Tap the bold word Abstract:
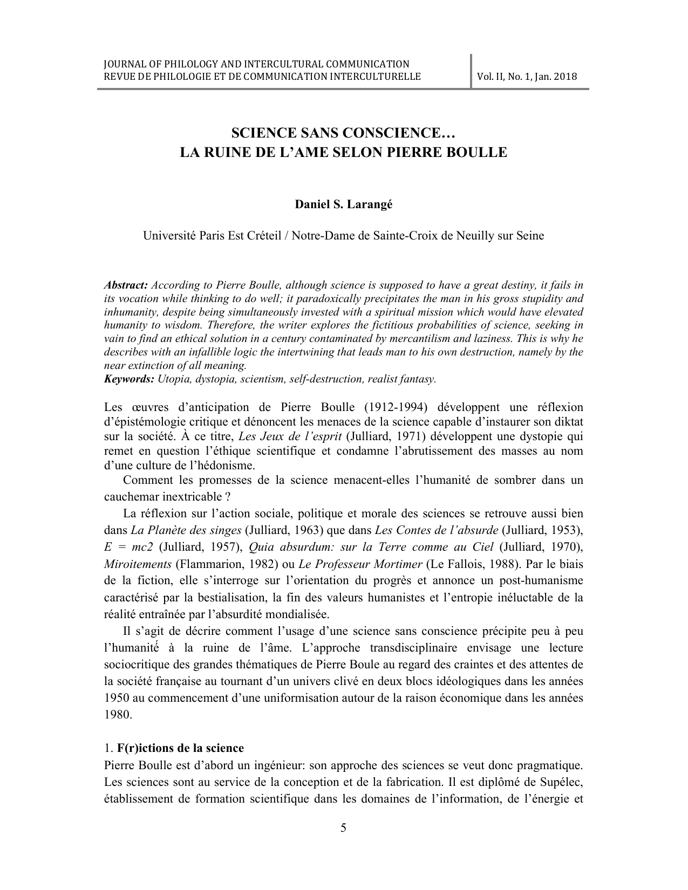click(x=126, y=285)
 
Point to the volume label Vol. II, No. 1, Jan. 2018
click(x=527, y=76)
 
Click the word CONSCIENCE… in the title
click(x=407, y=133)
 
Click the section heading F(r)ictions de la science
click(x=180, y=748)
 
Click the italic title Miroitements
click(x=138, y=564)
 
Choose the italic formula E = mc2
click(x=128, y=546)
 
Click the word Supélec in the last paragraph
click(x=560, y=781)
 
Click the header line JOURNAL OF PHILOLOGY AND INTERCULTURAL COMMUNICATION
click(x=256, y=64)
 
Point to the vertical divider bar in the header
click(x=472, y=71)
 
